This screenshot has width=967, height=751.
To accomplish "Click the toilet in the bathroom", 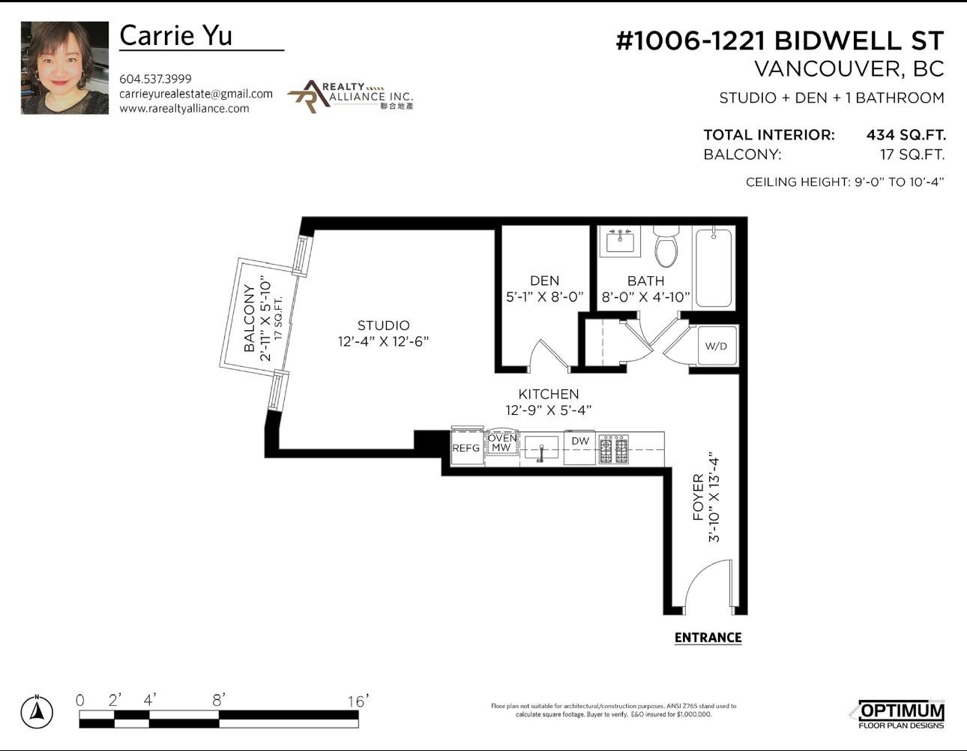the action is (666, 246).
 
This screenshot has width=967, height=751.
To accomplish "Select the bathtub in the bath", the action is (714, 268).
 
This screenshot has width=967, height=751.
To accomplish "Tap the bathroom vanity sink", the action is (620, 241).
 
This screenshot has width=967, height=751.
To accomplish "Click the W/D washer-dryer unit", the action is (716, 346).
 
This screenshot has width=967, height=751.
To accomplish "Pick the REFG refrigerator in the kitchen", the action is (467, 446).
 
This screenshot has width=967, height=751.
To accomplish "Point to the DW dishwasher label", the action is (580, 440).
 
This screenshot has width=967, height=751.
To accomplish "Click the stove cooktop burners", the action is (614, 449).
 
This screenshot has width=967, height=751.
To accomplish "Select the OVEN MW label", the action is (502, 443).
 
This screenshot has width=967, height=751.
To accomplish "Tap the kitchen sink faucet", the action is (541, 453).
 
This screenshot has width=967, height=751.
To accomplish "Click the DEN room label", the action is (545, 281).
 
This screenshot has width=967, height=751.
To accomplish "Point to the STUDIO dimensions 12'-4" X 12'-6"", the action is (383, 341).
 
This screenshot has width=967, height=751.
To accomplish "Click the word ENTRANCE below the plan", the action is (708, 638).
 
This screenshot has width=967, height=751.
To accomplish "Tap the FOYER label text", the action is (698, 497).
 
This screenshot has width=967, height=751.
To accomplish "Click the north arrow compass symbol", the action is (37, 711).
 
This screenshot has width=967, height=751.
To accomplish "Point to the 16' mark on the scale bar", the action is (358, 701).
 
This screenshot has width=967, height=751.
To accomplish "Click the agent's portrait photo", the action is (64, 68).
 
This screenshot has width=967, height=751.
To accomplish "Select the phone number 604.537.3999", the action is (155, 79).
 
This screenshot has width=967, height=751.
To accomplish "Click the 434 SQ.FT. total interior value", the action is (906, 134).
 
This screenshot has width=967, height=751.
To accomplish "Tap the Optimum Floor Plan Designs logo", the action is (900, 715).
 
